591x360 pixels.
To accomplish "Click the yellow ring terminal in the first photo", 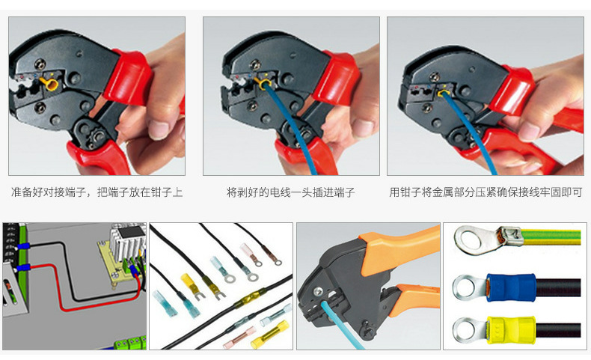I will tap(51, 84).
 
